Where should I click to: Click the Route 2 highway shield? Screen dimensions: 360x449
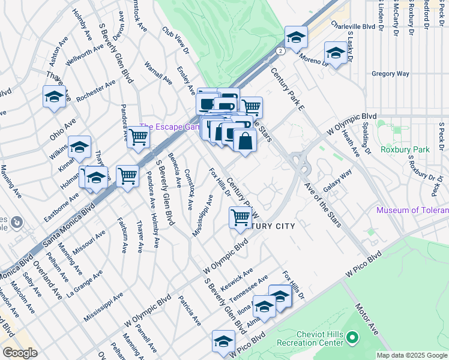tap(280, 52)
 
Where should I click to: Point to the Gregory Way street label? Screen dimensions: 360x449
tap(390, 74)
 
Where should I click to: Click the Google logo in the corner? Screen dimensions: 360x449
tap(20, 352)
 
